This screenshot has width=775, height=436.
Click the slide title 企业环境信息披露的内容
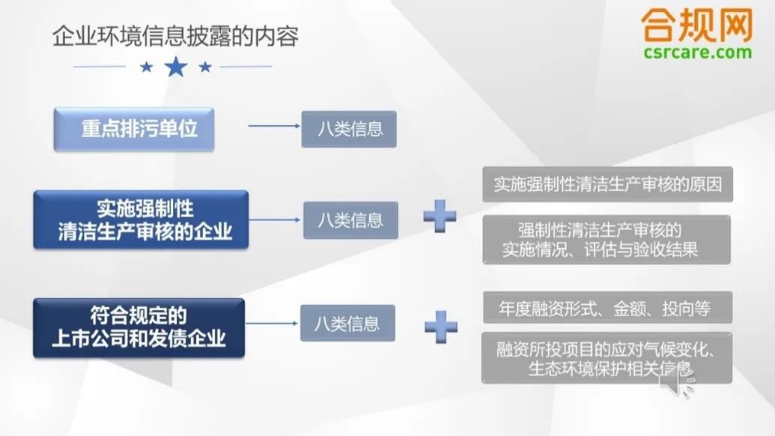(175, 37)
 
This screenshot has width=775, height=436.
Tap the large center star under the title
(176, 67)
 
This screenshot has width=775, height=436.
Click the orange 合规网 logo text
(697, 25)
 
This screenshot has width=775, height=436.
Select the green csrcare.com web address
(697, 52)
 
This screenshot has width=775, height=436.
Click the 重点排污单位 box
(134, 129)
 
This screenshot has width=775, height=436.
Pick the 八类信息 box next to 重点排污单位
(349, 129)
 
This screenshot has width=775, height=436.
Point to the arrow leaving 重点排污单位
(274, 126)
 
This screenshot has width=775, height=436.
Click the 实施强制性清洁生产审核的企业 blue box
(141, 219)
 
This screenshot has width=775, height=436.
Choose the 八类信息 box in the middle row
(350, 220)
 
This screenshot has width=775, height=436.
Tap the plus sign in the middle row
(440, 216)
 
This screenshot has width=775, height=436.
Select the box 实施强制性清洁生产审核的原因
(607, 184)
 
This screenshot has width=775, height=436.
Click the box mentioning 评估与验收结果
(607, 240)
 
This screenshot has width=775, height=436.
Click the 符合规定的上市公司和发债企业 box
(139, 327)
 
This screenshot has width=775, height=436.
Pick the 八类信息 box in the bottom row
(347, 324)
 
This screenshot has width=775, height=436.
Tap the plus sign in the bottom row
(441, 327)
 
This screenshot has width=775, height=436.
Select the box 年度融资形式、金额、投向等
(607, 307)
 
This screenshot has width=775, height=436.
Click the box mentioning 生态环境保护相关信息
(607, 358)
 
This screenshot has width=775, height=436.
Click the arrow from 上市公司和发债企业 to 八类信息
(271, 324)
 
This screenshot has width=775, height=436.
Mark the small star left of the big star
(146, 67)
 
